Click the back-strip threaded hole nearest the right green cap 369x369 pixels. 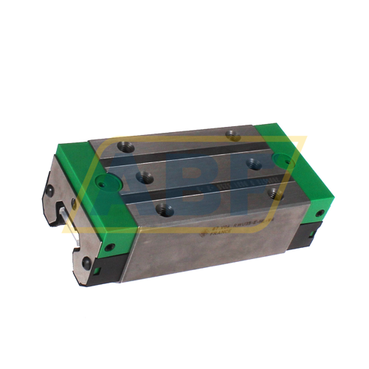pos(232,134)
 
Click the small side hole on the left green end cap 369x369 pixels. pos(113,245)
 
